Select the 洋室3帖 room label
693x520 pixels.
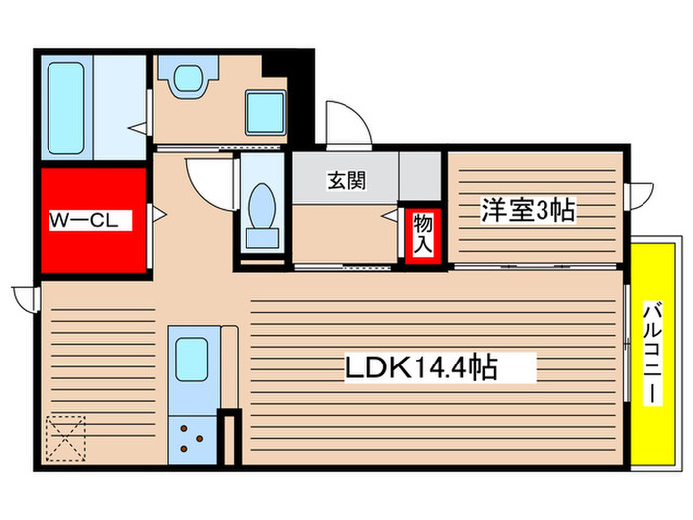coord(529,210)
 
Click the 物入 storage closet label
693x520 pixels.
coord(422,236)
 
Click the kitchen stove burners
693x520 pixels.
coord(192,438)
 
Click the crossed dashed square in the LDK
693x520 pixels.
coord(64,436)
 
